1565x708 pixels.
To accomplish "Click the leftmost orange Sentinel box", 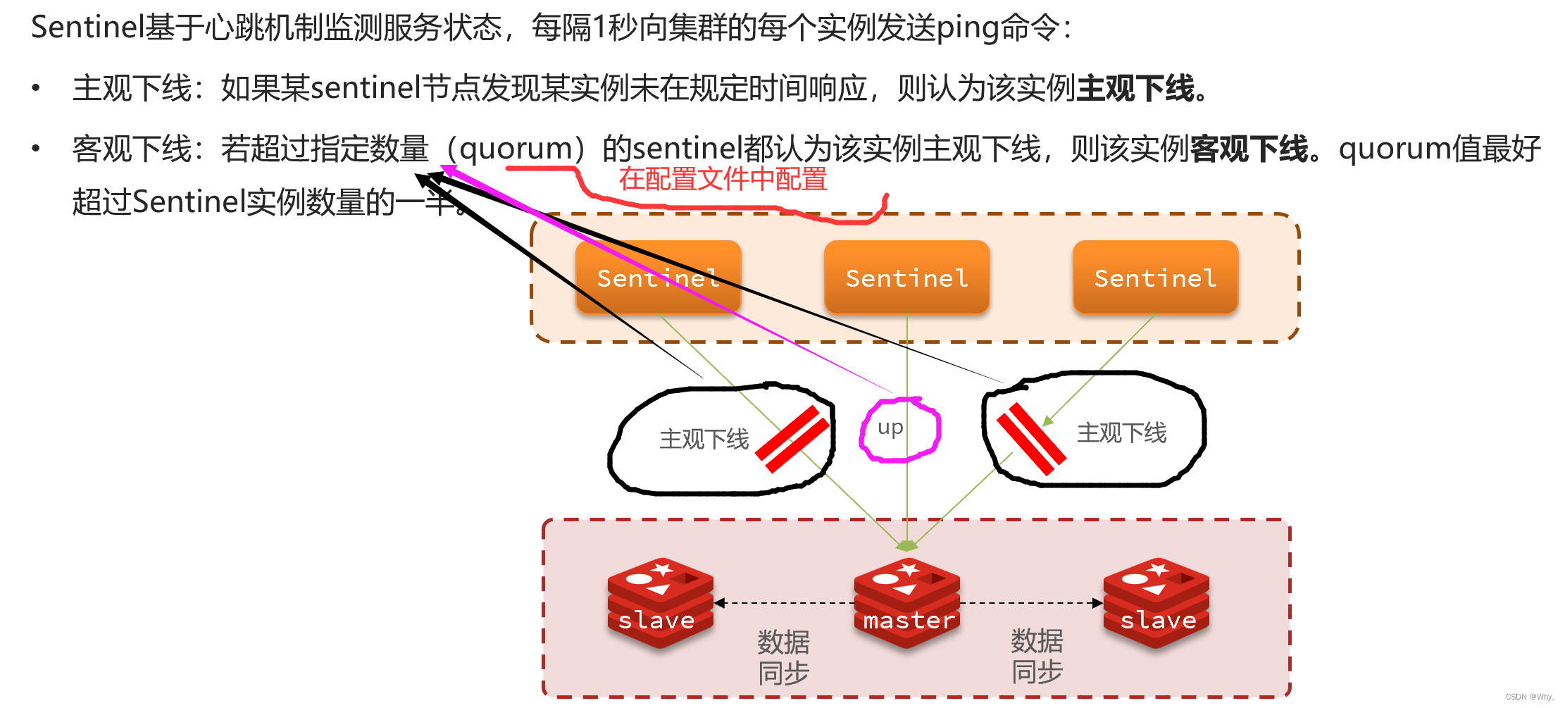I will pyautogui.click(x=658, y=278).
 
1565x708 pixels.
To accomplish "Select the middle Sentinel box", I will pyautogui.click(x=906, y=278).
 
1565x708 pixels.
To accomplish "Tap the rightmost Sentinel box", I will pyautogui.click(x=1155, y=278).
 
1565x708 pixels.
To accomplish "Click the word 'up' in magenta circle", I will pyautogui.click(x=890, y=428).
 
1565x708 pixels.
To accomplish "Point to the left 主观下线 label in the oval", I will pyautogui.click(x=704, y=439).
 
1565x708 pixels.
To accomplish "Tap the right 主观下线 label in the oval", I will pyautogui.click(x=1121, y=433).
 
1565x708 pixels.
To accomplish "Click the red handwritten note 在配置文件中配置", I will pyautogui.click(x=723, y=180).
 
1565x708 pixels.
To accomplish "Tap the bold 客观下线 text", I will pyautogui.click(x=1249, y=149).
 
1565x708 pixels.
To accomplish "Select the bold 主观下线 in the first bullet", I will pyautogui.click(x=1135, y=89).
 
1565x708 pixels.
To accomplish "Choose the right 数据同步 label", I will pyautogui.click(x=1037, y=656).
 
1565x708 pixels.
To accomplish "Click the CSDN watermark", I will pyautogui.click(x=1530, y=697).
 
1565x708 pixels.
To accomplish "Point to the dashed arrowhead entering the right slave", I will pyautogui.click(x=1097, y=603).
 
